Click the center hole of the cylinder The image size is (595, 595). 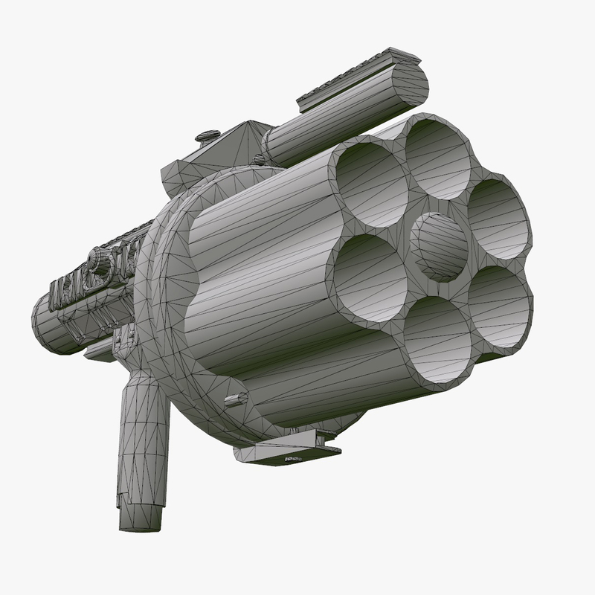[x=440, y=246]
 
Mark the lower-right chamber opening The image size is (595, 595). [x=500, y=306]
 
